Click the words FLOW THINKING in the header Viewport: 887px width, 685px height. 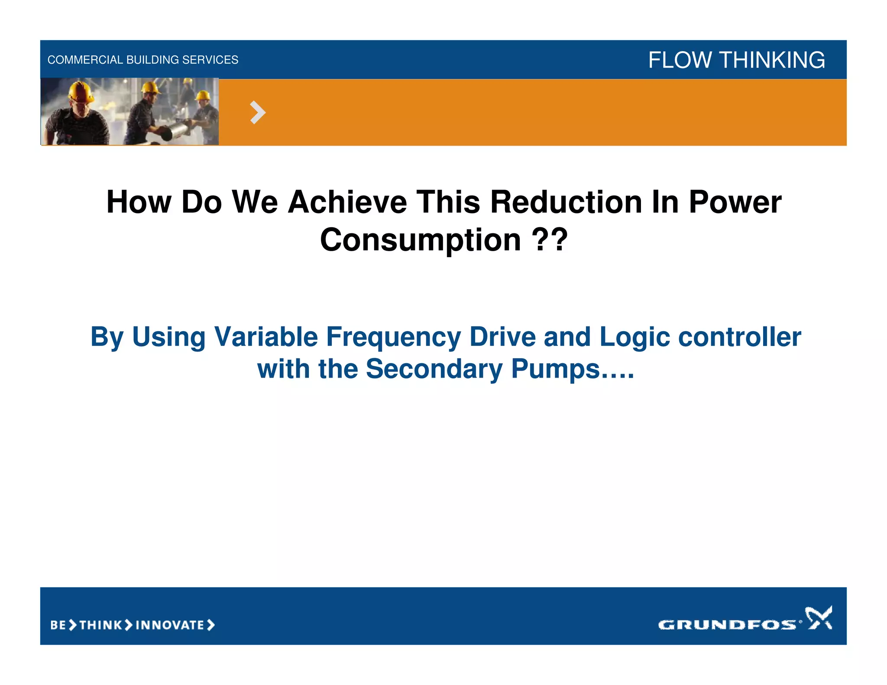[x=736, y=60]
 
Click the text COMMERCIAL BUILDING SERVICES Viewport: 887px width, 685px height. [x=142, y=60]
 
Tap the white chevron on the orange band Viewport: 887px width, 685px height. [x=258, y=113]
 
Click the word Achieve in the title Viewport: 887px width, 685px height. [x=347, y=202]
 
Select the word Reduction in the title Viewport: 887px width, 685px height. [x=566, y=202]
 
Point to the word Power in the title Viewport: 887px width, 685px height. [x=735, y=202]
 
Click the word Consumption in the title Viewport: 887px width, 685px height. [x=420, y=240]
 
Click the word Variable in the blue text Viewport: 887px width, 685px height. [x=266, y=337]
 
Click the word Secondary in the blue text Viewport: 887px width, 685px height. [x=434, y=369]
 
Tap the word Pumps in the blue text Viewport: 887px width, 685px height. [x=556, y=369]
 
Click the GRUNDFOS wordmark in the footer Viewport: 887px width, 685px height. [x=727, y=624]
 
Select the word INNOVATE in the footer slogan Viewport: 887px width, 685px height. [x=170, y=625]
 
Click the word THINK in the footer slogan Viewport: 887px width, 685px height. [x=101, y=625]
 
